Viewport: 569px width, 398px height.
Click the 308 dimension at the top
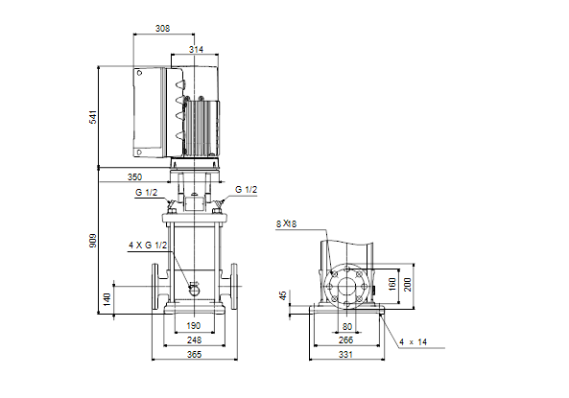point(162,29)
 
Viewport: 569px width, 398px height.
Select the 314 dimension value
point(196,49)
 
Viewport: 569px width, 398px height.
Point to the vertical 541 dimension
point(93,117)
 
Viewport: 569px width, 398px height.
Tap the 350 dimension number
point(134,177)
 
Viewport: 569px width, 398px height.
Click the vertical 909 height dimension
point(93,241)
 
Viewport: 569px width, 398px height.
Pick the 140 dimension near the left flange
point(107,299)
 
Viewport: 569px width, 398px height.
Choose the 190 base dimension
point(194,326)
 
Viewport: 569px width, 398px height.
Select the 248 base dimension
point(194,339)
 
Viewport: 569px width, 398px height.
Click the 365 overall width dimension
point(194,355)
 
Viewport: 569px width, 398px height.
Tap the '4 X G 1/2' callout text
point(148,246)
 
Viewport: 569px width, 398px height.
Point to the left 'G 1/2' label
point(146,193)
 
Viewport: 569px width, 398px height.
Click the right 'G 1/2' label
point(246,189)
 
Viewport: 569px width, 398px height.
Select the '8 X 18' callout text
point(286,223)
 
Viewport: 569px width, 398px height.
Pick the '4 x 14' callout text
point(413,342)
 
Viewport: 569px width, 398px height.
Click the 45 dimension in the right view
point(283,295)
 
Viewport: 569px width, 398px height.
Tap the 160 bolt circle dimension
point(391,285)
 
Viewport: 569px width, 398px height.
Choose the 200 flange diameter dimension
point(407,285)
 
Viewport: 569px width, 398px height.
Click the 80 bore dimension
point(347,326)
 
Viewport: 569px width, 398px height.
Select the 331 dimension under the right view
point(345,355)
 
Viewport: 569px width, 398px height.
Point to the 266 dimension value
point(345,339)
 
